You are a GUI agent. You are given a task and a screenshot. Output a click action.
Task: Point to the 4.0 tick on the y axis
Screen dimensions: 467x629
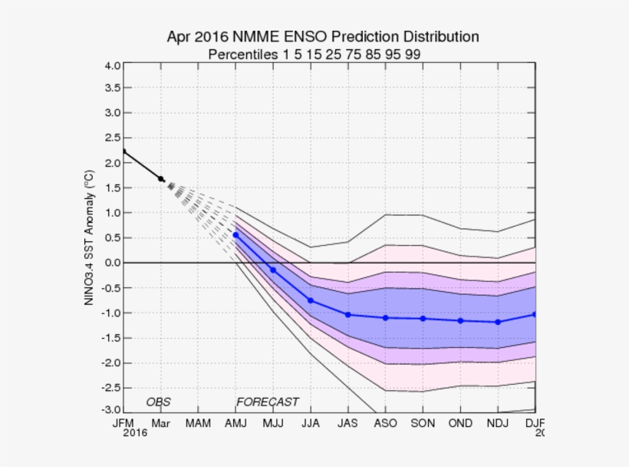pos(111,65)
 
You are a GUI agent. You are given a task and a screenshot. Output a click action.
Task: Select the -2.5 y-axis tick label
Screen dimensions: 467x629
pos(110,388)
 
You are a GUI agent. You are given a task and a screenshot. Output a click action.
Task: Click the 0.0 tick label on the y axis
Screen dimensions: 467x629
pos(111,263)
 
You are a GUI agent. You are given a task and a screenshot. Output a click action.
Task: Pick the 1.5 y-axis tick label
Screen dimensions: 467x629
pos(111,187)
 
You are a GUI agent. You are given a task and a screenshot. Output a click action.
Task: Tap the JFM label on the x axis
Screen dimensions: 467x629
pos(123,423)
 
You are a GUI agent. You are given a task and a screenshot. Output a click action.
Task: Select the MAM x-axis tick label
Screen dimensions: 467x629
pos(198,423)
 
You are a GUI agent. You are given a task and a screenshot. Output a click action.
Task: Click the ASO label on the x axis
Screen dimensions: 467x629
pos(385,423)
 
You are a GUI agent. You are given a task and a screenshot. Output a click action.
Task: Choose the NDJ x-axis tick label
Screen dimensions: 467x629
pos(498,423)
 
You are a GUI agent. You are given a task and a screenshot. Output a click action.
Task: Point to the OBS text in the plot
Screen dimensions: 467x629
pos(158,402)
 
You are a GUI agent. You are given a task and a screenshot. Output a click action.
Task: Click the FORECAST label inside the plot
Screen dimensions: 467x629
pos(267,402)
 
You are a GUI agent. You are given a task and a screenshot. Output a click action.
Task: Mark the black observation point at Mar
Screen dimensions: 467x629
pos(160,179)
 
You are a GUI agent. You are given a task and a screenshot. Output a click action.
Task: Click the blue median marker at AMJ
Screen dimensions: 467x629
pos(235,235)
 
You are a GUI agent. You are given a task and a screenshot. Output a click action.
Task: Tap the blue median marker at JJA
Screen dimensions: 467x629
pos(311,300)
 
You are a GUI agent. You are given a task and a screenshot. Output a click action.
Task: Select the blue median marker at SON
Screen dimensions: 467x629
pos(423,318)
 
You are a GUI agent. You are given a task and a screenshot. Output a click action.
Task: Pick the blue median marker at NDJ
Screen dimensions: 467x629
pos(498,322)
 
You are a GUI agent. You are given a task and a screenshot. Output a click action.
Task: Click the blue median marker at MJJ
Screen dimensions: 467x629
pos(273,270)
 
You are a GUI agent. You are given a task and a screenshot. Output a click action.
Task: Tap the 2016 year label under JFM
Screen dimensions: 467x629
pos(135,434)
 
